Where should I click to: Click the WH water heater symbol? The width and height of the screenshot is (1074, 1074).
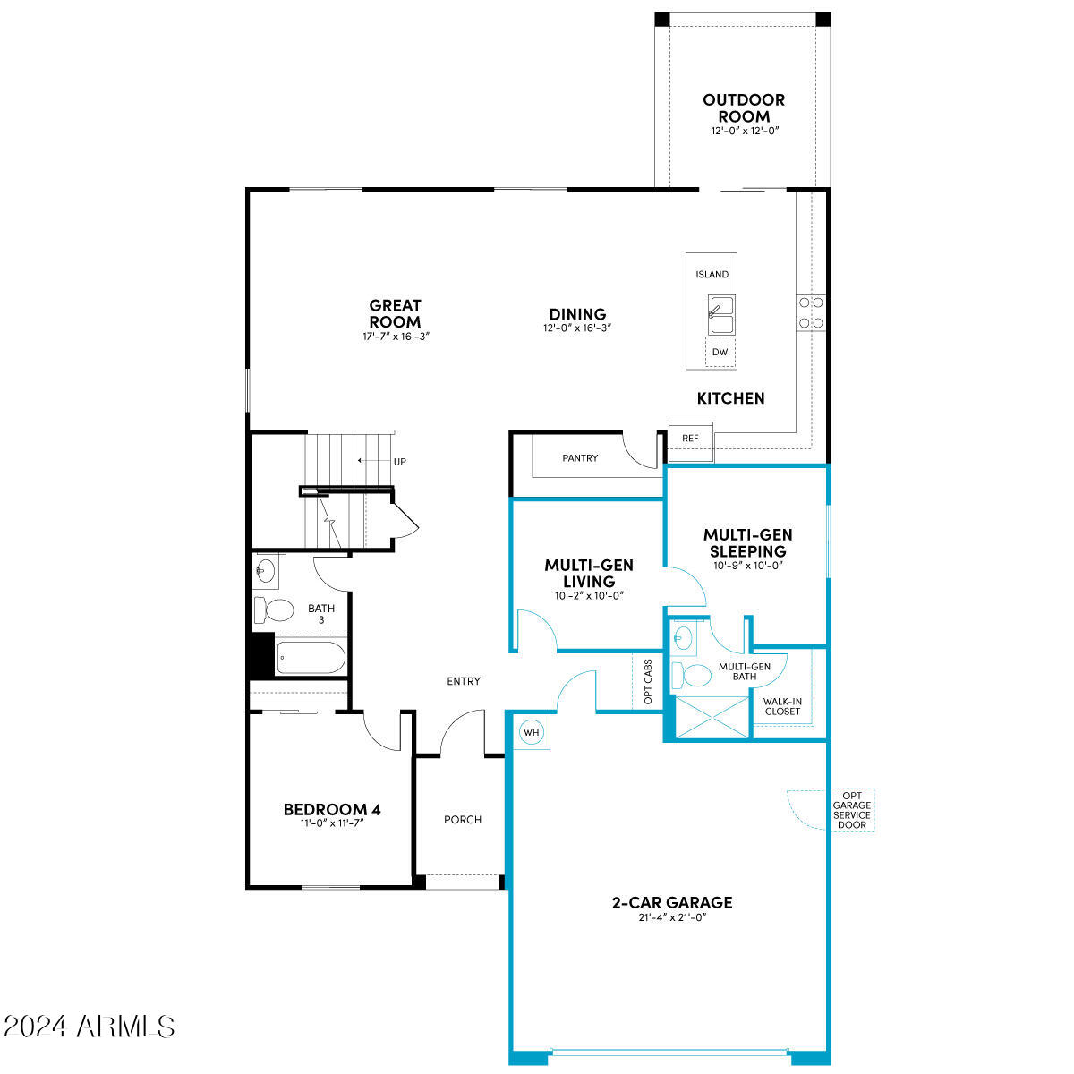[x=533, y=733]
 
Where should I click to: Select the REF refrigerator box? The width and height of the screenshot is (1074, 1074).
[x=690, y=439]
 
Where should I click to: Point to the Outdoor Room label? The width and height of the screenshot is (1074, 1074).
[x=743, y=108]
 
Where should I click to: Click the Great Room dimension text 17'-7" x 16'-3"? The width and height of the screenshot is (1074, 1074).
[x=395, y=337]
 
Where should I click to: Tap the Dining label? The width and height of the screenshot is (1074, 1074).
[x=577, y=314]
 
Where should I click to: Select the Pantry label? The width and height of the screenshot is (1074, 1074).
[x=580, y=458]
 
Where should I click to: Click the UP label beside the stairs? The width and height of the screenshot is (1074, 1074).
[x=399, y=462]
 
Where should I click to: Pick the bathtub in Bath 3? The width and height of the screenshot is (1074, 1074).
[x=310, y=658]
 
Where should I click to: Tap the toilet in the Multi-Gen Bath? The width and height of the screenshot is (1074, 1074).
[x=690, y=673]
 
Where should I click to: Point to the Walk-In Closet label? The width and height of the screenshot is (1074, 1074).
[x=782, y=706]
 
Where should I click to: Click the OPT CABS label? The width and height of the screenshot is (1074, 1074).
[x=648, y=683]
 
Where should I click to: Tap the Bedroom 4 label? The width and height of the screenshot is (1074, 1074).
[x=332, y=810]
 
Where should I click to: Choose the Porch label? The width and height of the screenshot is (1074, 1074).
[x=463, y=820]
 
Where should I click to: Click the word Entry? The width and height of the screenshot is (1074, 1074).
[x=464, y=681]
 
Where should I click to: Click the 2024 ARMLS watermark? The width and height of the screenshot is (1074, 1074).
[x=89, y=1026]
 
